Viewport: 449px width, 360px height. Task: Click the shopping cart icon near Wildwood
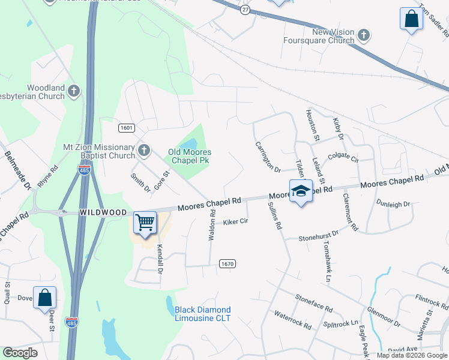pos(145,223)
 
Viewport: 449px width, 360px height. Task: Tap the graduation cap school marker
pos(301,191)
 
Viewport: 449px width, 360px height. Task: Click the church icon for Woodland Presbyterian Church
pos(74,91)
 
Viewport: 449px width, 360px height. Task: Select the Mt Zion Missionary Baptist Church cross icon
pos(143,150)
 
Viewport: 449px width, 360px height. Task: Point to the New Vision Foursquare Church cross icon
pos(363,35)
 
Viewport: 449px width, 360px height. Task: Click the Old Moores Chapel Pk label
pos(189,156)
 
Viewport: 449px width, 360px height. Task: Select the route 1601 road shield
pos(126,128)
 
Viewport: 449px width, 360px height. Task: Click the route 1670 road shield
pos(227,264)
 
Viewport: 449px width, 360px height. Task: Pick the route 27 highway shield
pos(245,10)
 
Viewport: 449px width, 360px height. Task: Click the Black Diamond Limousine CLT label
pos(202,314)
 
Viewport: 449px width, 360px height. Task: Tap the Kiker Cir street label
pos(236,222)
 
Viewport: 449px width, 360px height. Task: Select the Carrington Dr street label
pos(268,157)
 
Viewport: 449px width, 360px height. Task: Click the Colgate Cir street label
pos(343,158)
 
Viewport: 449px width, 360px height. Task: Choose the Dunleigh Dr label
pos(394,204)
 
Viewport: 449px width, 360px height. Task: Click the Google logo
pos(20,353)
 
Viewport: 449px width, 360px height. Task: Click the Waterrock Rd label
pos(292,320)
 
